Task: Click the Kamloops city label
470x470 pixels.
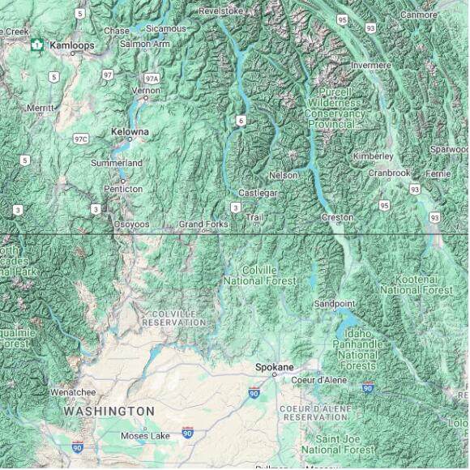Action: (x=71, y=45)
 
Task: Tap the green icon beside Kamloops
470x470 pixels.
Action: (x=36, y=45)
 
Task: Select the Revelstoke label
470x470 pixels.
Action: (x=220, y=11)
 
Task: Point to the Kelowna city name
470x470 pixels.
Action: (x=130, y=131)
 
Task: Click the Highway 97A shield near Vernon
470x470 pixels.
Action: (x=152, y=78)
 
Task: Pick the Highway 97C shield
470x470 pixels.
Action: (x=80, y=139)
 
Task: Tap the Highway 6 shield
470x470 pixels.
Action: (x=241, y=120)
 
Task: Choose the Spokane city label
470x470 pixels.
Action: (x=274, y=366)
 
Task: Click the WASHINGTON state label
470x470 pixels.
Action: (x=109, y=411)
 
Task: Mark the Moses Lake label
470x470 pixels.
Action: (x=145, y=436)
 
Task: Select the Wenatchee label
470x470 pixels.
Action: (x=73, y=392)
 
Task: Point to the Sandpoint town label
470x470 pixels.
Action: (x=335, y=304)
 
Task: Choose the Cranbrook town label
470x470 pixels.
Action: (x=389, y=173)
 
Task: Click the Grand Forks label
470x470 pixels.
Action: (x=202, y=223)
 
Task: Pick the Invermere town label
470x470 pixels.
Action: (x=370, y=65)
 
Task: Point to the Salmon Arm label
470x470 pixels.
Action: (x=145, y=43)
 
